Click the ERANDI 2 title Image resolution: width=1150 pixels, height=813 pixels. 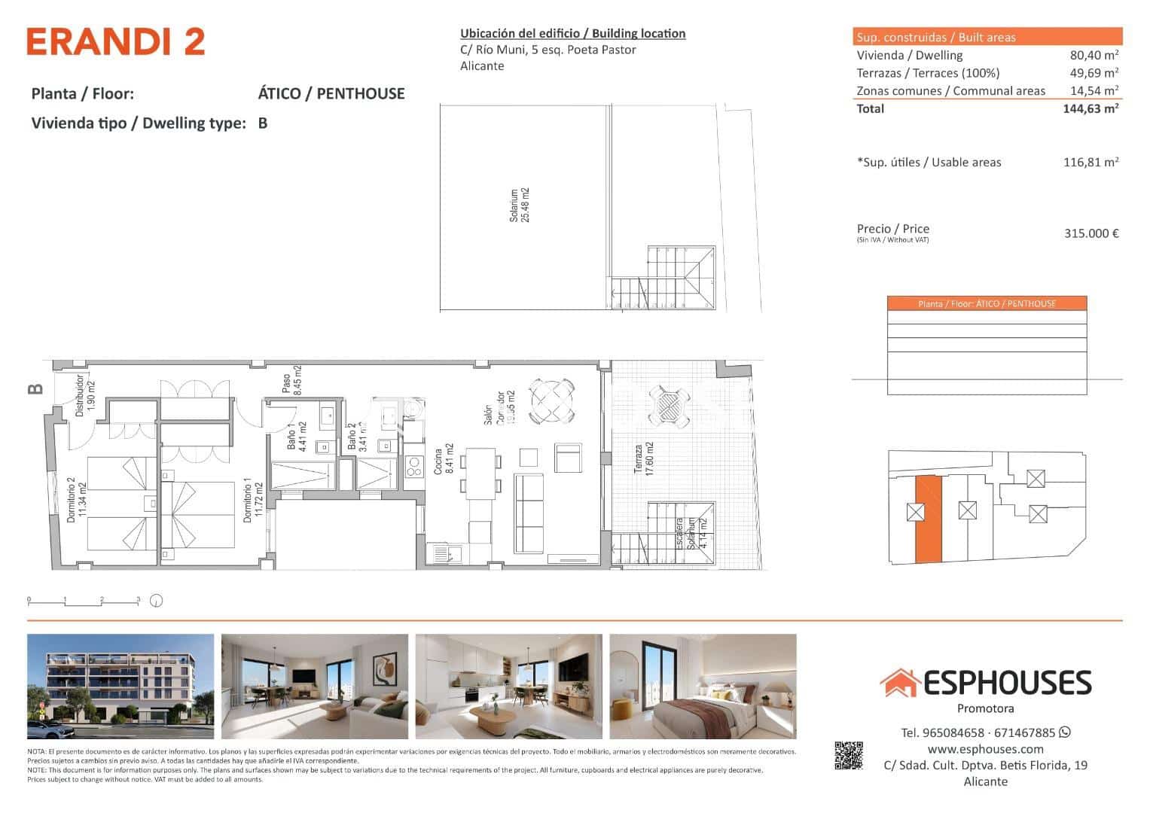point(116,42)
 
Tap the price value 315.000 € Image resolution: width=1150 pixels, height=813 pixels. point(1091,233)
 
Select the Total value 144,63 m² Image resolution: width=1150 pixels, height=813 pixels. point(1090,108)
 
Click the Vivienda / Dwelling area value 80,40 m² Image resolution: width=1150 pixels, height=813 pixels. point(1094,55)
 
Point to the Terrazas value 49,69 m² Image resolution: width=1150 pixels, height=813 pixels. point(1094,73)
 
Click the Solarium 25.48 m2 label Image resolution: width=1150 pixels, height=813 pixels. point(520,206)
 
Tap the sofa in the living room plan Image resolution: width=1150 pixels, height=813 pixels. point(529,512)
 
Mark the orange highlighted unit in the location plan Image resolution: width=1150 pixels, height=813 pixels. point(928,519)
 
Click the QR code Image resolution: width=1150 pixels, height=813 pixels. point(849,756)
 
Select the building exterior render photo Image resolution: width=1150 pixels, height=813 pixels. point(120,687)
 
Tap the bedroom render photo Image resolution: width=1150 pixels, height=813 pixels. point(703,687)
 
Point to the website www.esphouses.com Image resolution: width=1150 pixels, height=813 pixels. point(985,749)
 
